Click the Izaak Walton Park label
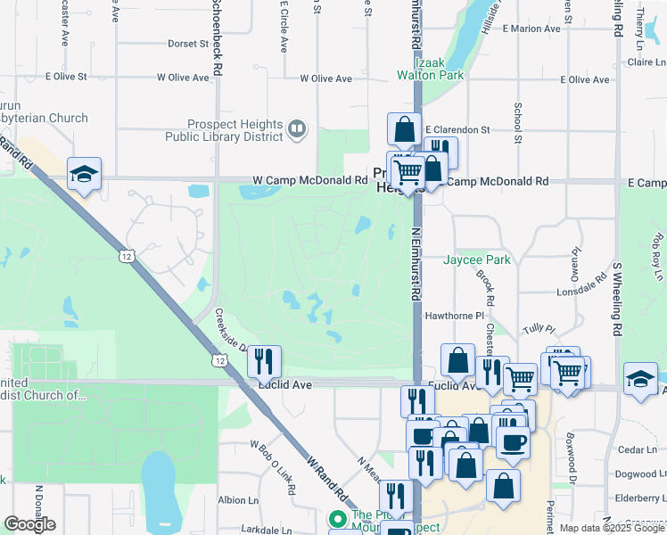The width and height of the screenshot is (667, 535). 431,68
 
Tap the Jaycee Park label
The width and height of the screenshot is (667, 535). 477,260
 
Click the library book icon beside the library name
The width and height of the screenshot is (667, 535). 297,131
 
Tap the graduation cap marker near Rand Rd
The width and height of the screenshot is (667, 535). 84,174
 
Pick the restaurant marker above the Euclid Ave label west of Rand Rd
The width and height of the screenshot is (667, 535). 264,361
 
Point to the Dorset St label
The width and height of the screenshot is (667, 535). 187,43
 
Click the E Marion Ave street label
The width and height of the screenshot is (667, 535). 531,29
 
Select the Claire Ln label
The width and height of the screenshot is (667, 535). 647,62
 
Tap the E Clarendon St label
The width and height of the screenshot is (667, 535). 457,129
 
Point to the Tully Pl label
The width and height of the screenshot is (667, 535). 539,329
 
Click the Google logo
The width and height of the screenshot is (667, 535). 29,524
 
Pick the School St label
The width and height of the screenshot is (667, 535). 517,122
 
